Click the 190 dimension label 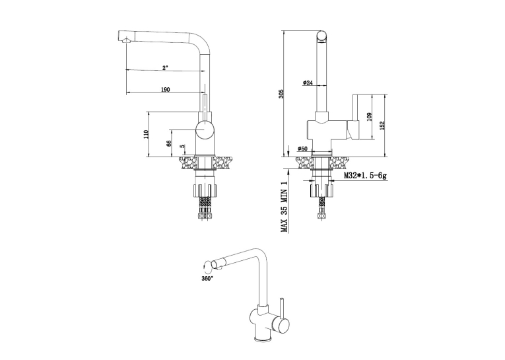click(165, 90)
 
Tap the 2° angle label click(165, 67)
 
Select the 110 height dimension click(146, 134)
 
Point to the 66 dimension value click(168, 143)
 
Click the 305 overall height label click(281, 94)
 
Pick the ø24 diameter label click(308, 83)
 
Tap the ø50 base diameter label click(303, 149)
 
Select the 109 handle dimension click(369, 117)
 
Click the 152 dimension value click(382, 126)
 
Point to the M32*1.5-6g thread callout click(365, 176)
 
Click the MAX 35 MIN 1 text click(284, 206)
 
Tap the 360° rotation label click(207, 278)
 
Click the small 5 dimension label click(183, 146)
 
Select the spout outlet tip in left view click(125, 40)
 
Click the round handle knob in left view click(205, 129)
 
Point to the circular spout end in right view click(322, 36)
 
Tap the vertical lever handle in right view click(356, 118)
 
